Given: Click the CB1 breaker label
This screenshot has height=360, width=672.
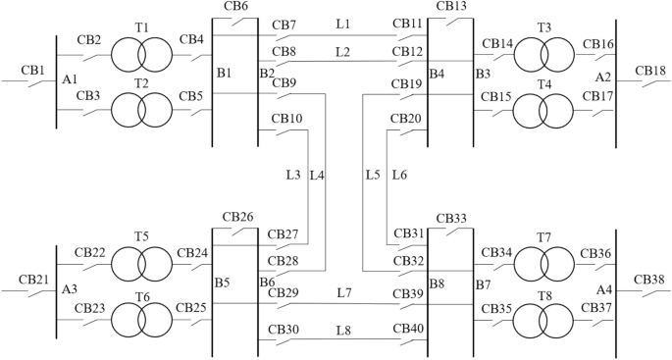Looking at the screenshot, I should tap(32, 71).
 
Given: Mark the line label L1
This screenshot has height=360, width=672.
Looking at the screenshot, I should tap(342, 23).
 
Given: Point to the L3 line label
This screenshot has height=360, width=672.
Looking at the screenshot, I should tap(292, 176).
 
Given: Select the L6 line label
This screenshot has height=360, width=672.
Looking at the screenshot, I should tap(399, 176).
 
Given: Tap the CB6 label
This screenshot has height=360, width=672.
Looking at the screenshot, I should tap(235, 7).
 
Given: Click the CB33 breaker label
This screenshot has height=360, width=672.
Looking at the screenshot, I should tap(450, 218).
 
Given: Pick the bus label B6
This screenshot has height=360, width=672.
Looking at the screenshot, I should tap(267, 283).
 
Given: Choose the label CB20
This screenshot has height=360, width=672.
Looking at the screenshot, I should tap(406, 120).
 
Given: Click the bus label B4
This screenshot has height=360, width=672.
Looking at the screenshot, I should tap(437, 74).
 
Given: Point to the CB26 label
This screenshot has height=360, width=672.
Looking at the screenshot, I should tap(237, 217).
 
